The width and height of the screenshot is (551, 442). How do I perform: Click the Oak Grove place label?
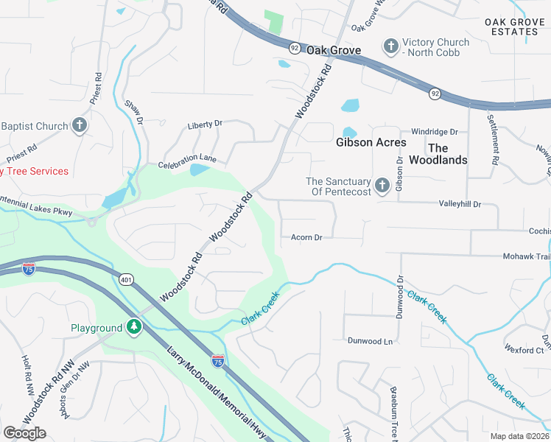pyautogui.click(x=334, y=50)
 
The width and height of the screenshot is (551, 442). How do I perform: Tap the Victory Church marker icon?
pyautogui.click(x=390, y=46)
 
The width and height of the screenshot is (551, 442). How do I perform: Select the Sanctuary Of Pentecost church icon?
pyautogui.click(x=382, y=186)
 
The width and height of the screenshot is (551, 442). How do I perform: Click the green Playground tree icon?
pyautogui.click(x=133, y=326)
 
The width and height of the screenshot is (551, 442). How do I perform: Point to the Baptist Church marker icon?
pyautogui.click(x=80, y=125)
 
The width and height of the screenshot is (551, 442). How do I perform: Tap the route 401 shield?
pyautogui.click(x=126, y=279)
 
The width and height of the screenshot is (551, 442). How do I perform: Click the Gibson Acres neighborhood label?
pyautogui.click(x=371, y=142)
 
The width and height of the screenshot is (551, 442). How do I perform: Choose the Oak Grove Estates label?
pyautogui.click(x=516, y=27)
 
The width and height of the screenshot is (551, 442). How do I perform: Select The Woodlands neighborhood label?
pyautogui.click(x=438, y=154)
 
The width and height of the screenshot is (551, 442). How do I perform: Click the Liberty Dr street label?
pyautogui.click(x=205, y=124)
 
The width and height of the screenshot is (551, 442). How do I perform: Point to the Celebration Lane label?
pyautogui.click(x=187, y=158)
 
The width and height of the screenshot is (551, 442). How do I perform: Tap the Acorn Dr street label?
pyautogui.click(x=307, y=237)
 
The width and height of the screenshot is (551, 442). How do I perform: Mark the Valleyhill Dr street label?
pyautogui.click(x=460, y=203)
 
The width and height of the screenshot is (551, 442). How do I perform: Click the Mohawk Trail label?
pyautogui.click(x=527, y=256)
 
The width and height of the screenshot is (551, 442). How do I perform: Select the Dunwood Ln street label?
pyautogui.click(x=371, y=341)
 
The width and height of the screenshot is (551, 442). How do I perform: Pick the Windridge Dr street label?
pyautogui.click(x=435, y=132)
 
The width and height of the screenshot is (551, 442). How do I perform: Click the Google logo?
pyautogui.click(x=24, y=432)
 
